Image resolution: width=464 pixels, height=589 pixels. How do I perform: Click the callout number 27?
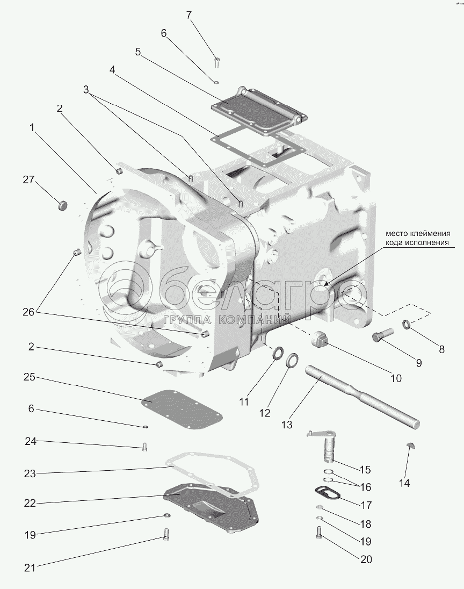click(x=28, y=180)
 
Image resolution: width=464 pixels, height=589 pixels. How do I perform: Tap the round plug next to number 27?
click(x=63, y=205)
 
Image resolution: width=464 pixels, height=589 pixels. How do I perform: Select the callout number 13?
click(x=286, y=425)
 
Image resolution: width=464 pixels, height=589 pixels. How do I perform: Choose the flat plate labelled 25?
click(x=182, y=411)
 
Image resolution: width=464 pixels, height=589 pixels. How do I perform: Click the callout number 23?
click(x=30, y=473)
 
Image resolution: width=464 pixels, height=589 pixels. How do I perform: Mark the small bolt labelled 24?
click(x=144, y=446)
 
